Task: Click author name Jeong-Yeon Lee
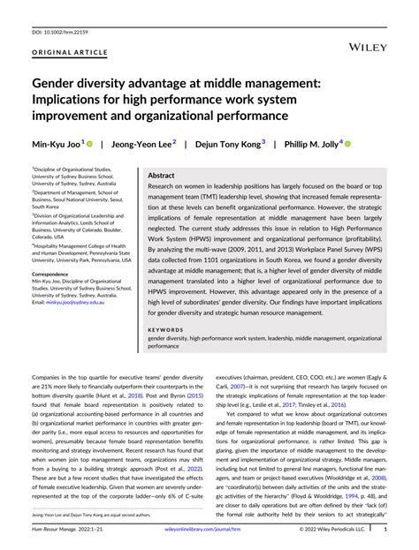(146, 143)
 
